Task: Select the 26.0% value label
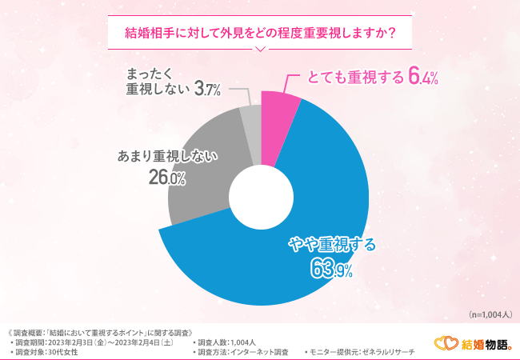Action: (x=166, y=178)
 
